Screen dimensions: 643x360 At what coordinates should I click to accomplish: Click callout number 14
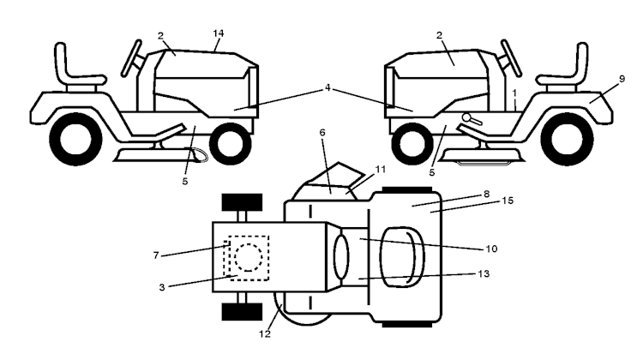tap(219, 33)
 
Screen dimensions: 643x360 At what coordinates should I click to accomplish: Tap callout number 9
tap(622, 79)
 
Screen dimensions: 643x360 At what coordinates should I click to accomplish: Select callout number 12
tap(265, 334)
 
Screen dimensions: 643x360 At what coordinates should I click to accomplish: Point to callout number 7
tap(156, 255)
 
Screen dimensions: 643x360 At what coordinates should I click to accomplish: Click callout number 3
tap(162, 287)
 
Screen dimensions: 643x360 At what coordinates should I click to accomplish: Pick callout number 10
tap(491, 249)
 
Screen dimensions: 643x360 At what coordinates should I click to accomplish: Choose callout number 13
tap(484, 273)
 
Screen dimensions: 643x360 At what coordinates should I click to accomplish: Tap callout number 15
tap(508, 201)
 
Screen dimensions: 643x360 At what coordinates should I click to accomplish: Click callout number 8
tap(486, 194)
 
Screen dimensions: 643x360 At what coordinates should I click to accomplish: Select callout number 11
tap(381, 170)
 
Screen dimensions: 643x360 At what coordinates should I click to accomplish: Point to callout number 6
tap(322, 133)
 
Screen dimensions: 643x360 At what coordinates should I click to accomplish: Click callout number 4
tap(328, 87)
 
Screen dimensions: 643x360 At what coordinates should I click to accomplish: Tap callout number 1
tap(514, 93)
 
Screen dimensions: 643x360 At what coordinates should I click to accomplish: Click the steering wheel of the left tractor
tap(132, 57)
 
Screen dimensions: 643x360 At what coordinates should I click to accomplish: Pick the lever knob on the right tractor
tap(466, 117)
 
